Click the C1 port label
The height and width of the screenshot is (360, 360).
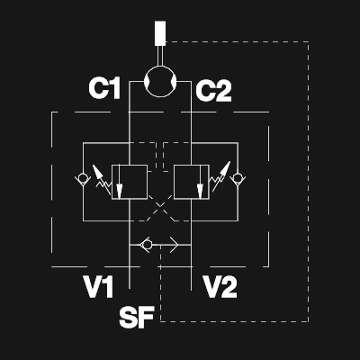(x=104, y=88)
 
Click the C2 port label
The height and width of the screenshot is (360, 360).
(x=213, y=91)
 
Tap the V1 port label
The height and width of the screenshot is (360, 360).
(x=98, y=287)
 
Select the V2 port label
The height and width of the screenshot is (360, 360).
(x=220, y=287)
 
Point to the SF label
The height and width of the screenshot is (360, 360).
(x=137, y=317)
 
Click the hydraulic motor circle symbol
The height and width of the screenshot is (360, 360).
(x=160, y=67)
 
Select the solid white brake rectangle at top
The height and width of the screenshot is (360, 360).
(x=160, y=33)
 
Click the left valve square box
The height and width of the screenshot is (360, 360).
(x=130, y=165)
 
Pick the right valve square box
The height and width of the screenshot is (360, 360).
(x=192, y=165)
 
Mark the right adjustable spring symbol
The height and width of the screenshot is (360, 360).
(x=220, y=177)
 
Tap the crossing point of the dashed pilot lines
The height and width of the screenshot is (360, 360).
(x=160, y=205)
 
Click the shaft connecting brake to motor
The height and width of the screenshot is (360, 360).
(x=160, y=56)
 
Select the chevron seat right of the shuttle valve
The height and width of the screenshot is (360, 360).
(x=175, y=245)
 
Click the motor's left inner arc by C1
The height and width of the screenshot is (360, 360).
(x=146, y=81)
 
